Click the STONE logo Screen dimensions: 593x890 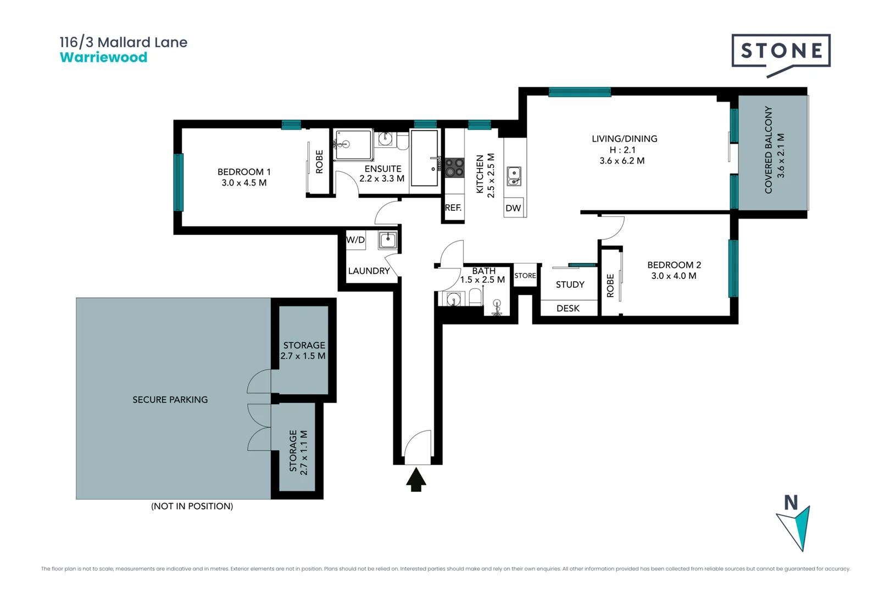[781, 52]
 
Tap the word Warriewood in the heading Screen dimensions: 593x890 [103, 58]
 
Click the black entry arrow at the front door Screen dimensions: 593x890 [416, 479]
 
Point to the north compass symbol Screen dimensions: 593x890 [794, 524]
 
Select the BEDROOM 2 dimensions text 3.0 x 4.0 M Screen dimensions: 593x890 [674, 276]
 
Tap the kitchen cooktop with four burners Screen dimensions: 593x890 [454, 167]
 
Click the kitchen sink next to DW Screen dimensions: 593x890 [514, 176]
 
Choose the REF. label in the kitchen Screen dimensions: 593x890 [453, 208]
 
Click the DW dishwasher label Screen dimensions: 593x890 [513, 208]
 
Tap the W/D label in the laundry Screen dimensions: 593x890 [355, 240]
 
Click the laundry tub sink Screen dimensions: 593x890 [388, 240]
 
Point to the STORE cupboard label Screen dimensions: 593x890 [525, 276]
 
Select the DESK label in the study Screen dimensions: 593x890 [568, 309]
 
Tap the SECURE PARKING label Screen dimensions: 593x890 [170, 400]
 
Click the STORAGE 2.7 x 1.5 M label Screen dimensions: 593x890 [304, 350]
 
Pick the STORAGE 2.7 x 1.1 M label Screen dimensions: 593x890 [298, 452]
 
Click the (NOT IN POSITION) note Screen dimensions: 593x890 [192, 506]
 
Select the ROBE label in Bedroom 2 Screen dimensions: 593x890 [610, 286]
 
